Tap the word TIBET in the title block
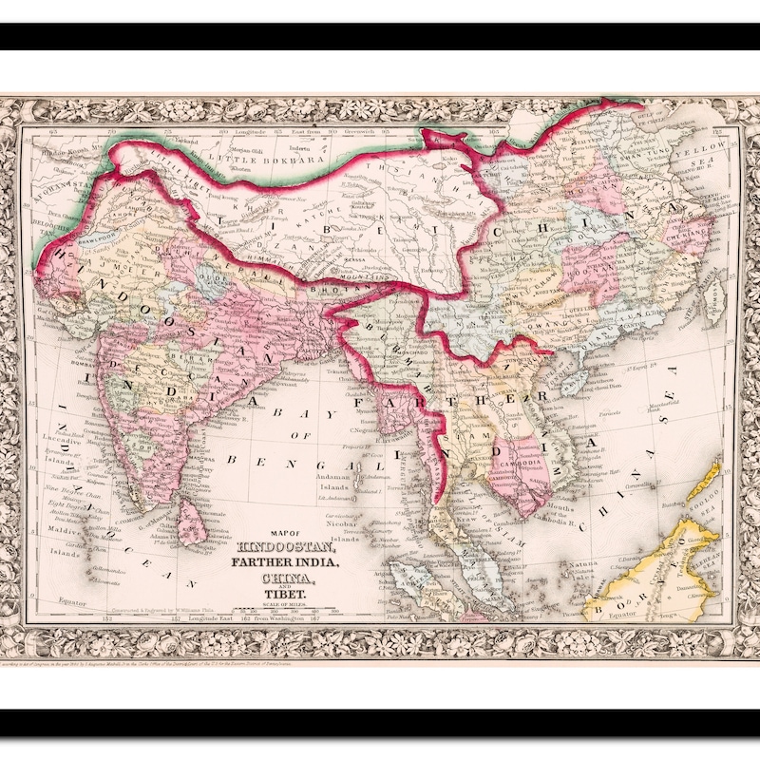pyautogui.click(x=282, y=593)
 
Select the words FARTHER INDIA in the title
pyautogui.click(x=282, y=560)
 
